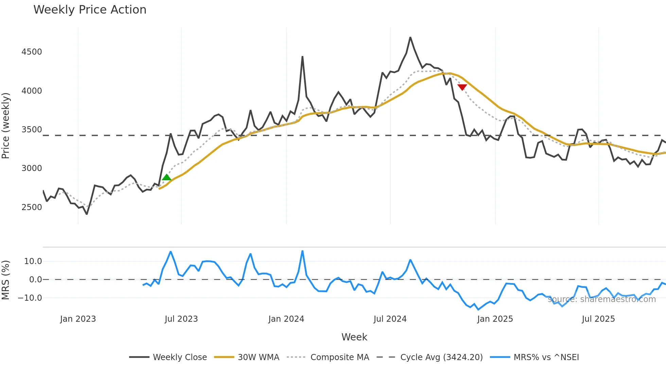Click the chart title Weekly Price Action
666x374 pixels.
(x=90, y=10)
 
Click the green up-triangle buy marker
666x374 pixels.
(x=166, y=177)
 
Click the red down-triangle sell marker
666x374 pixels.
(x=462, y=87)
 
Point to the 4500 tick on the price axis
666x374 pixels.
(x=32, y=52)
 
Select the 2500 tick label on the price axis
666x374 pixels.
(x=32, y=207)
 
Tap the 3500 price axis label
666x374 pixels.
(x=32, y=130)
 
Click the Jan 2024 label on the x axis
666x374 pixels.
(x=286, y=319)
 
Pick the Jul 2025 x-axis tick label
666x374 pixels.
(x=598, y=319)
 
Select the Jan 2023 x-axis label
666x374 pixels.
(x=78, y=319)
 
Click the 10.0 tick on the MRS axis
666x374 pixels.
(x=33, y=261)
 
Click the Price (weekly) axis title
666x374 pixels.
(x=6, y=126)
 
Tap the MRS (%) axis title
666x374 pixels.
(x=6, y=280)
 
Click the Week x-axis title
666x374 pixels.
(x=354, y=337)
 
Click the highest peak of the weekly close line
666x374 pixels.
(x=410, y=38)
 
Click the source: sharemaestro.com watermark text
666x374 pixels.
(x=601, y=299)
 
